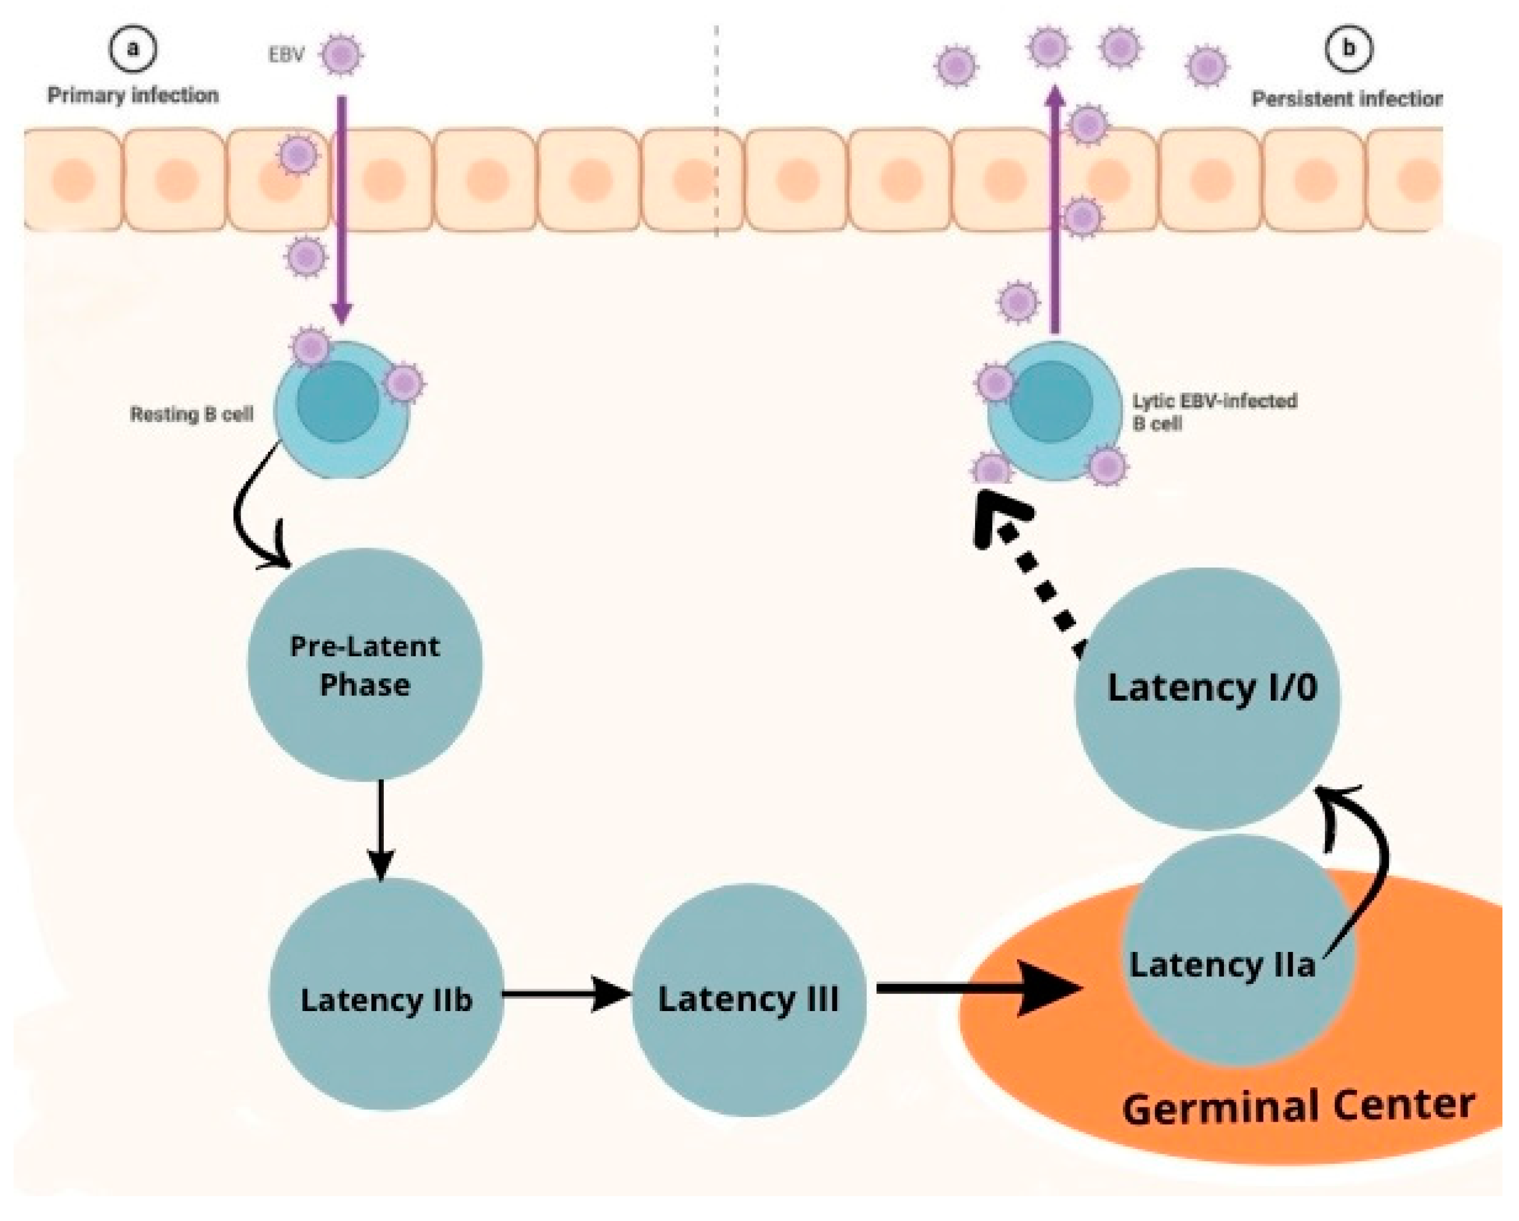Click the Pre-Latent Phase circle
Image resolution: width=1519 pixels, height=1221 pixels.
pyautogui.click(x=365, y=665)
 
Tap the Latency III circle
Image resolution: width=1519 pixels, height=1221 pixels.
pyautogui.click(x=748, y=999)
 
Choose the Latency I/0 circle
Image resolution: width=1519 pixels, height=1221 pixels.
pyautogui.click(x=1207, y=698)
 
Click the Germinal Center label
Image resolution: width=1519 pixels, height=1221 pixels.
pyautogui.click(x=1298, y=1107)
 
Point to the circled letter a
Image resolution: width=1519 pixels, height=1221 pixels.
pyautogui.click(x=132, y=48)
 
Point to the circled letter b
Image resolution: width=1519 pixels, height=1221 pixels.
pyautogui.click(x=1349, y=48)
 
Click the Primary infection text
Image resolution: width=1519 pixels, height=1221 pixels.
pyautogui.click(x=133, y=95)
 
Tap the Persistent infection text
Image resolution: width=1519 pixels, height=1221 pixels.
pyautogui.click(x=1346, y=99)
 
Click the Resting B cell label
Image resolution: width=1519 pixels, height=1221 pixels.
pyautogui.click(x=192, y=414)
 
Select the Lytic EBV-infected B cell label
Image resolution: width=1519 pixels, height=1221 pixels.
pyautogui.click(x=1213, y=412)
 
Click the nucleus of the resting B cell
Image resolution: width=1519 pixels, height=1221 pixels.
pyautogui.click(x=338, y=402)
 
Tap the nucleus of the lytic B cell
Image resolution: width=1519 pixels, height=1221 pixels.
pyautogui.click(x=1051, y=402)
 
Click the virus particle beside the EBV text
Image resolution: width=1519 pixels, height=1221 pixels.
pyautogui.click(x=342, y=54)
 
